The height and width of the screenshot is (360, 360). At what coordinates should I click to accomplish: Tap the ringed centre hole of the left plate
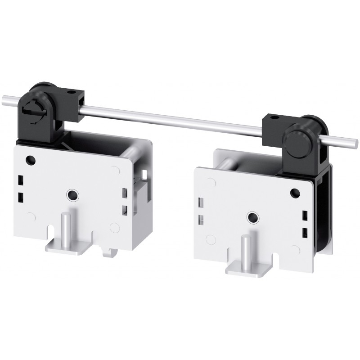pos(72,194)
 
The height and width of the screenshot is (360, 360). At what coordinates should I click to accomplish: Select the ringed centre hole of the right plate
pos(252,217)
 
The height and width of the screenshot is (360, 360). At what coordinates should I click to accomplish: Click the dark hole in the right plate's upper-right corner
pos(295,193)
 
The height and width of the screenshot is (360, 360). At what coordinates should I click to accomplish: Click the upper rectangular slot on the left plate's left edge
pos(20,181)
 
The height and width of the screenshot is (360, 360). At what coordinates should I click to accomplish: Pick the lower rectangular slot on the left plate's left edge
pos(20,197)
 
